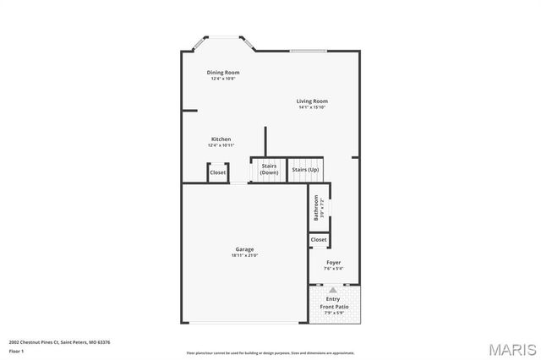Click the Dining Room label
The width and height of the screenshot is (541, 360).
(x=223, y=73)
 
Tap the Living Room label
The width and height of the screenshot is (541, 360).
(x=312, y=101)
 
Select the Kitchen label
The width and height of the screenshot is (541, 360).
(x=221, y=139)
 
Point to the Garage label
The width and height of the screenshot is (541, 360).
(x=244, y=249)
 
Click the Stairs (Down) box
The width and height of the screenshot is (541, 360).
(x=269, y=169)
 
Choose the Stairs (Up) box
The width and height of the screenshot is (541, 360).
(x=305, y=170)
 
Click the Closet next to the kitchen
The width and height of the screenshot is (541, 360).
(x=218, y=172)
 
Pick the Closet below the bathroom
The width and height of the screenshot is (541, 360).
(x=319, y=240)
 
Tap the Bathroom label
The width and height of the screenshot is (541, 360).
(x=316, y=207)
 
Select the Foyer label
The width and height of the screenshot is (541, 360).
(x=334, y=263)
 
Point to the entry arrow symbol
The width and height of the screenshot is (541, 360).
(x=333, y=290)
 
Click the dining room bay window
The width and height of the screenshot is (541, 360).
(x=224, y=40)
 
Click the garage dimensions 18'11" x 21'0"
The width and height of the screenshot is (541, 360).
(x=244, y=255)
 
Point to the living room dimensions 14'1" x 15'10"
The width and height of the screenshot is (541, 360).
(x=312, y=107)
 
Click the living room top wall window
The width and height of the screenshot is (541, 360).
(x=309, y=51)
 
